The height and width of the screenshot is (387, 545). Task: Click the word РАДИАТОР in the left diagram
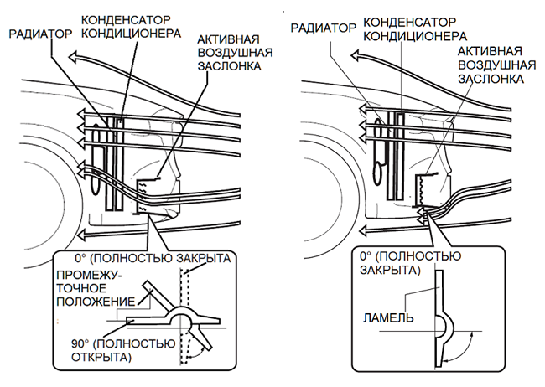tap(40, 34)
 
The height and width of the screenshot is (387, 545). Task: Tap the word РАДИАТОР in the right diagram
tap(324, 28)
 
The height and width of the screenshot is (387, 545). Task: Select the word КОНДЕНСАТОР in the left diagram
tap(126, 20)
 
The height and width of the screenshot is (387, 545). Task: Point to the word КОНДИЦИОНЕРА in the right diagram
tap(415, 36)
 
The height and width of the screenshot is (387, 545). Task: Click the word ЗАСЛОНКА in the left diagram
tap(230, 66)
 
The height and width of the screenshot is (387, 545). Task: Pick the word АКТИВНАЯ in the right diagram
tap(490, 51)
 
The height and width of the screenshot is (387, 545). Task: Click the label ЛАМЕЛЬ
tap(388, 317)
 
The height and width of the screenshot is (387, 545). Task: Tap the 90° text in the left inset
tap(80, 344)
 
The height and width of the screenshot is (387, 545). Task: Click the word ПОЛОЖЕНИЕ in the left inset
tap(96, 302)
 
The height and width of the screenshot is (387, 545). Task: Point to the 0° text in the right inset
tap(366, 256)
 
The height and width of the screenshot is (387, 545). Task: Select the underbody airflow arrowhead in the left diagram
tap(82, 234)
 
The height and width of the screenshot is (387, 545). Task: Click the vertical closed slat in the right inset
tap(440, 317)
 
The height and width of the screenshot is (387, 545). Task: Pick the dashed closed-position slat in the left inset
tap(184, 316)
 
